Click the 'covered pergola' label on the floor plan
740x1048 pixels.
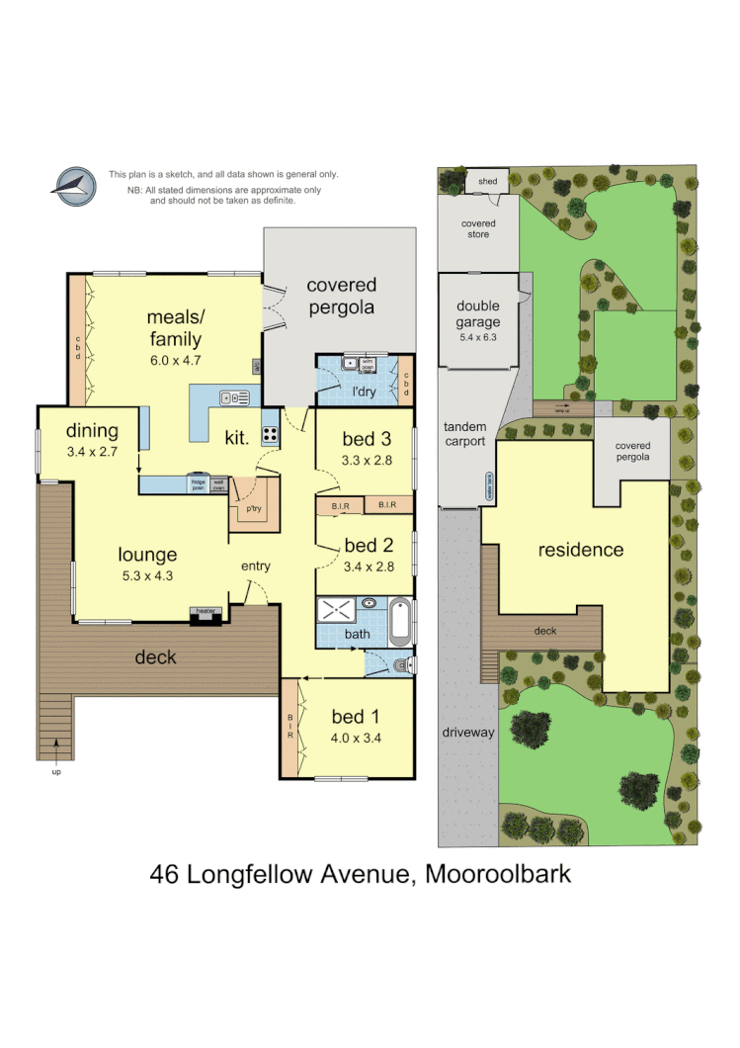[341, 296]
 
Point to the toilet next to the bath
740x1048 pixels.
[399, 666]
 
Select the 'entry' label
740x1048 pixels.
[256, 567]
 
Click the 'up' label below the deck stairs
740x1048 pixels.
[56, 771]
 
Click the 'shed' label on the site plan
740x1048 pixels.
[487, 182]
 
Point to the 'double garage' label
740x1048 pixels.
[478, 315]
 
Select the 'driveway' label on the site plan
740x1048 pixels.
[467, 733]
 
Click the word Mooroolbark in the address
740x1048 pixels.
[504, 873]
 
